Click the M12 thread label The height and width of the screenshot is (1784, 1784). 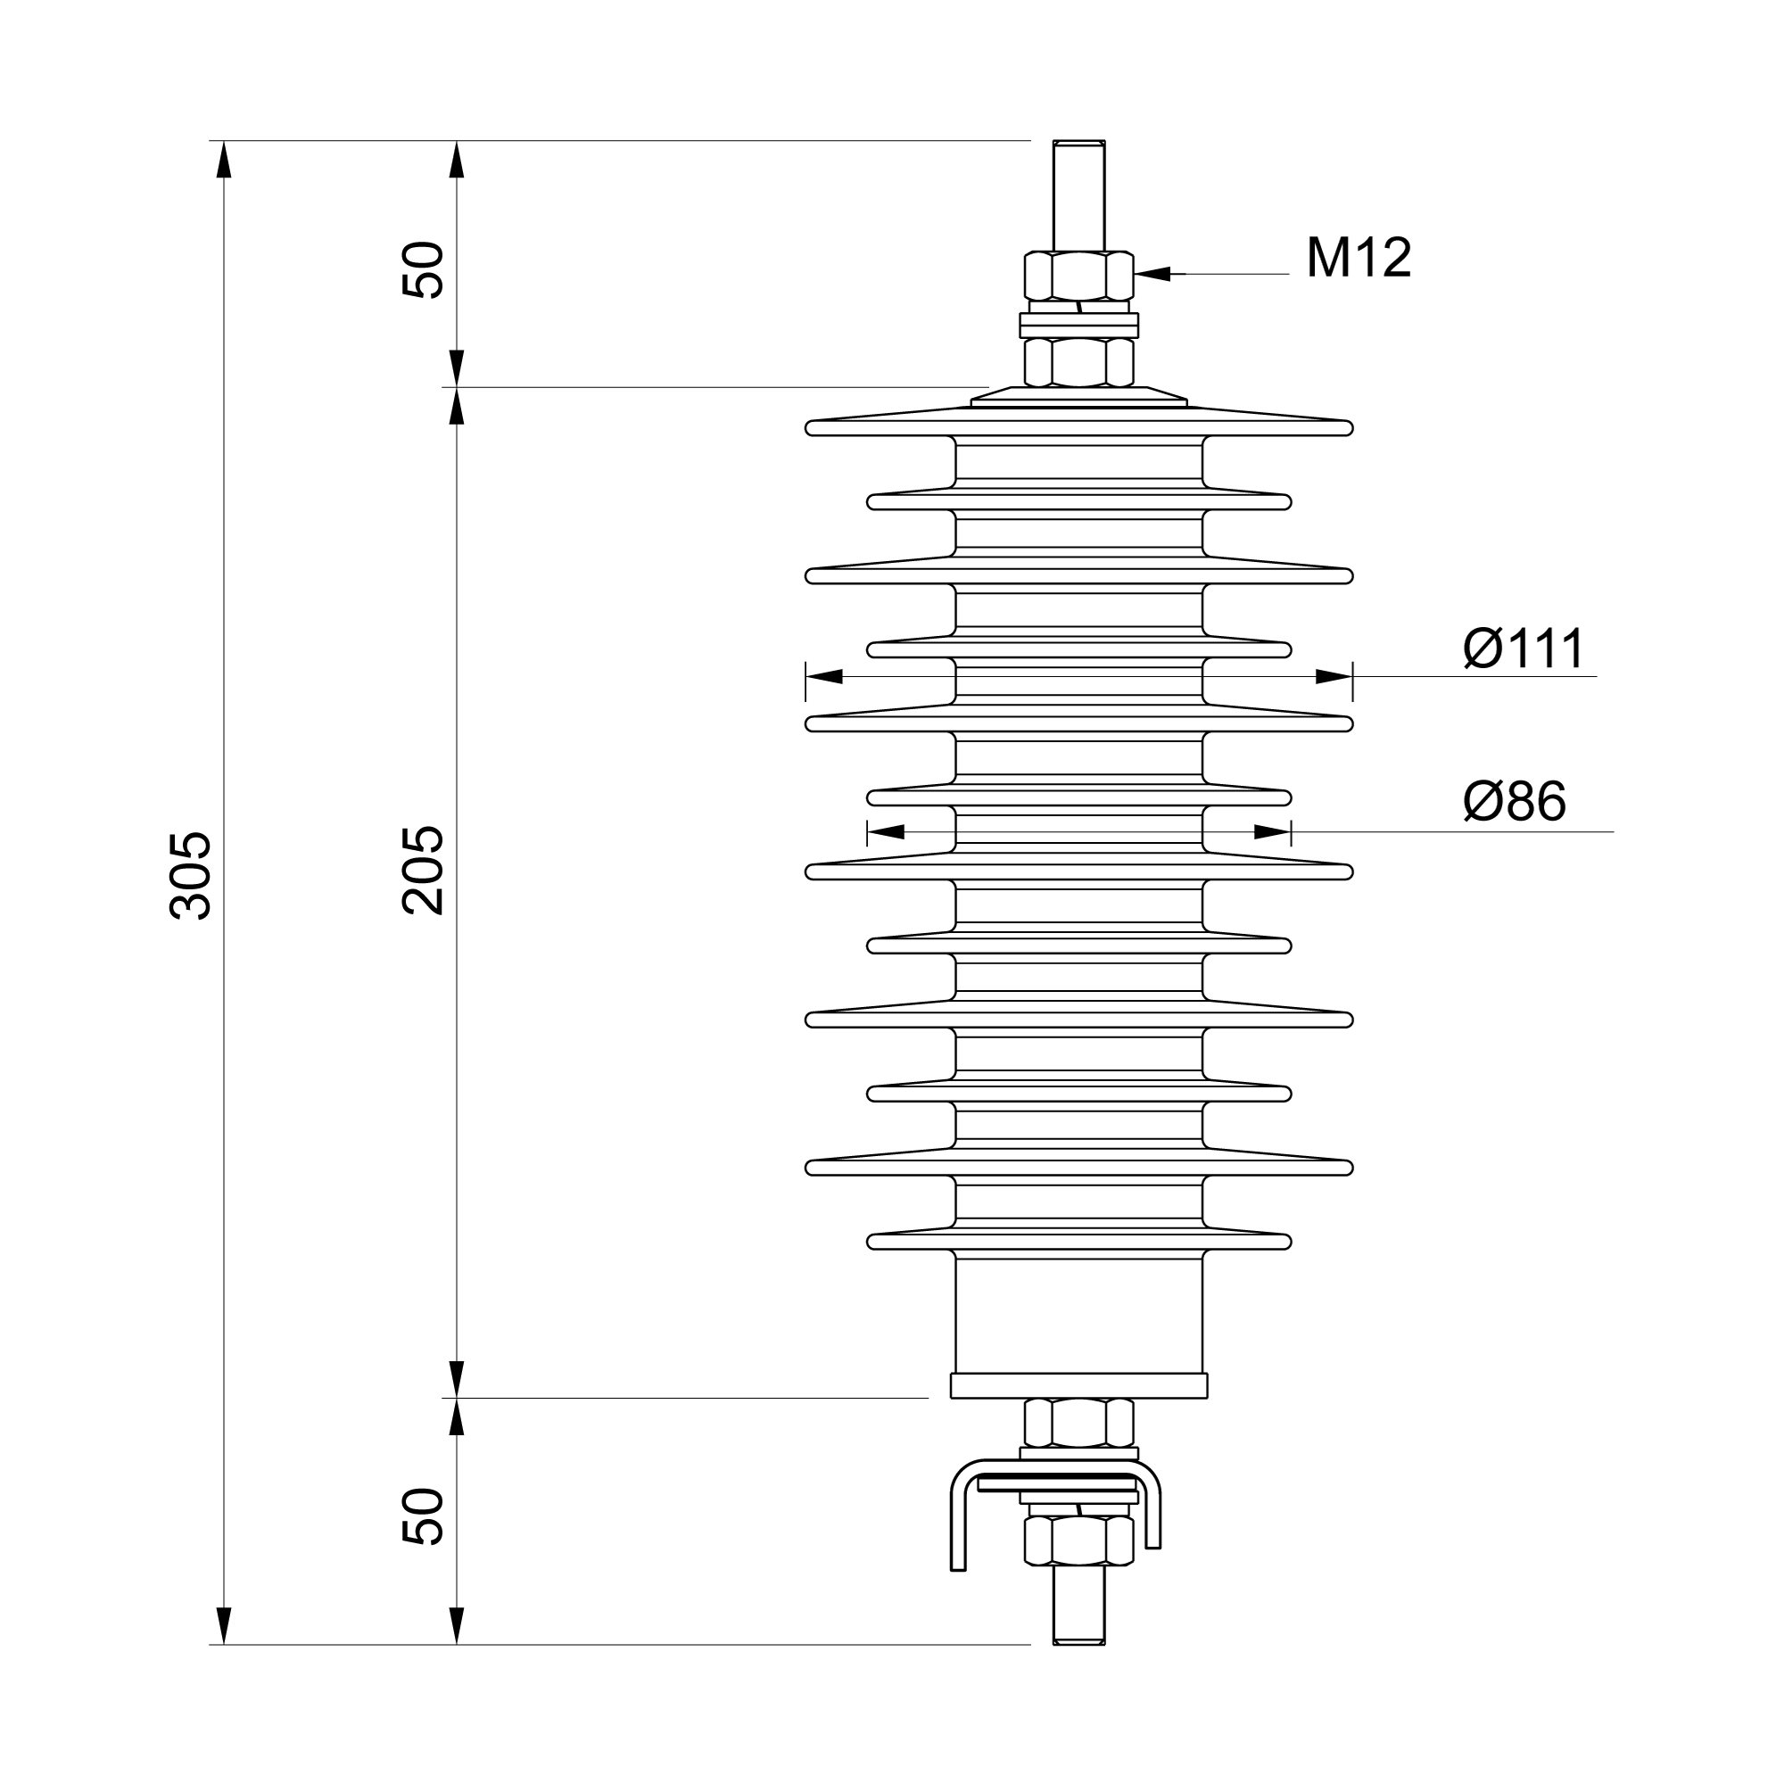(1359, 258)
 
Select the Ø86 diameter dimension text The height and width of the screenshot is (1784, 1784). (1516, 801)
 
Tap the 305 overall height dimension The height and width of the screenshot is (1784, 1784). (191, 875)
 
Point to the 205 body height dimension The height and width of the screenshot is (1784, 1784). (424, 871)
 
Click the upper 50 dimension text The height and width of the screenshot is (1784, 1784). (424, 268)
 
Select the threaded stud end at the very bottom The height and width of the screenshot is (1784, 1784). (1079, 1638)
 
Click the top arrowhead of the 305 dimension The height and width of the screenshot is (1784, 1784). (222, 159)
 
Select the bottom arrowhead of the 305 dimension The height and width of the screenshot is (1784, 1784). (222, 1626)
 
